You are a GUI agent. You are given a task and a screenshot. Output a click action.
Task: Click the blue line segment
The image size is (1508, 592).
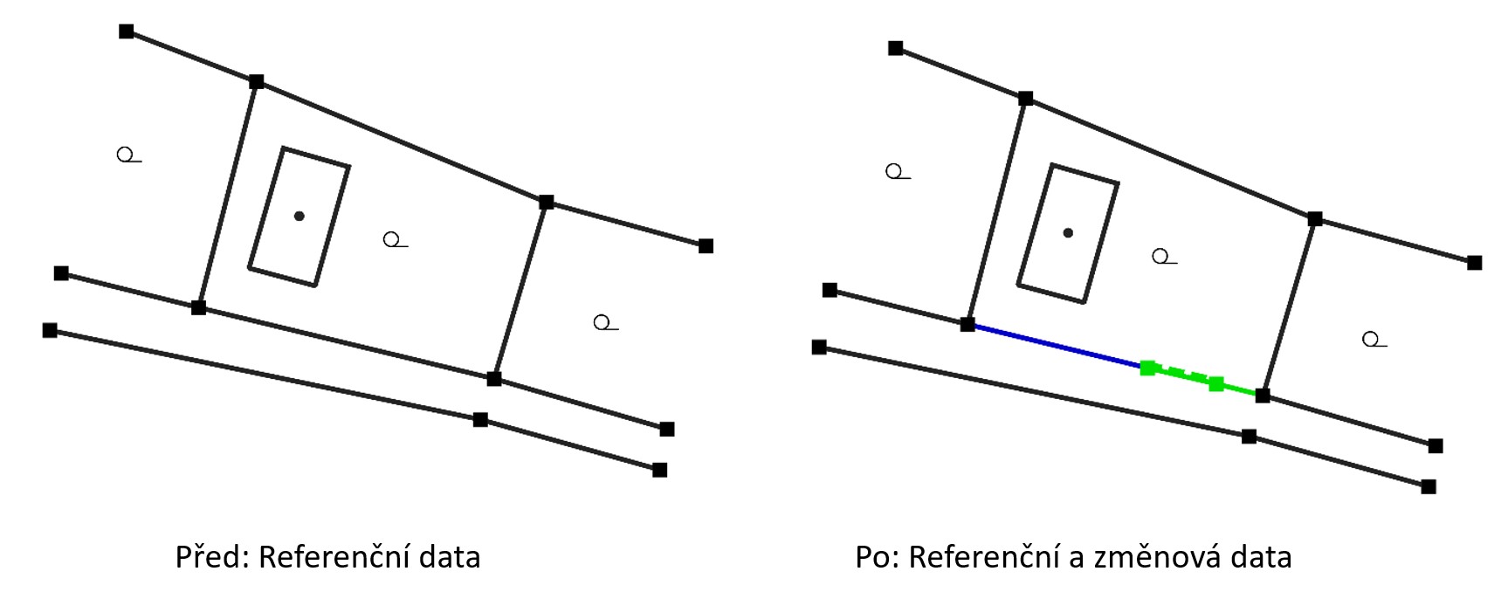1057,346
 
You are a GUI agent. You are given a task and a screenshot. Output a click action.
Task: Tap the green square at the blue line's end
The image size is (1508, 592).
1148,368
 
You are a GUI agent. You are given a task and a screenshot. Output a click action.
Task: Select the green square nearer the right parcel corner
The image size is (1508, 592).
1215,383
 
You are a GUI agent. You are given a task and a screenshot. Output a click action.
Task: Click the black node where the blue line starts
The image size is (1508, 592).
967,324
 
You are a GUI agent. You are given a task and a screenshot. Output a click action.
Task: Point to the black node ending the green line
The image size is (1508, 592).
1263,396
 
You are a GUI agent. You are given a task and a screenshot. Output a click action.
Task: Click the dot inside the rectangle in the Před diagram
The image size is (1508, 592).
300,216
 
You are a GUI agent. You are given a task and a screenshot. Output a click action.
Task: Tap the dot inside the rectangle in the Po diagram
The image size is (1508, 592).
1068,233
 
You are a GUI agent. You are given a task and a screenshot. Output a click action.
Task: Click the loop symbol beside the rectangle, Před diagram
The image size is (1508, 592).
393,239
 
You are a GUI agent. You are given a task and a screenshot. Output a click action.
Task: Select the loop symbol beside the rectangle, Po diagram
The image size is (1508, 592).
1161,257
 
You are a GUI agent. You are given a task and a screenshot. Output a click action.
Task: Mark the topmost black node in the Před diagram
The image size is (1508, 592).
127,31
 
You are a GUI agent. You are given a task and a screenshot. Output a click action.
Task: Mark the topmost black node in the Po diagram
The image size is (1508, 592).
896,48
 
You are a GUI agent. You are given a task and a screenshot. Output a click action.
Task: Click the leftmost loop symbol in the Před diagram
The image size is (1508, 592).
127,155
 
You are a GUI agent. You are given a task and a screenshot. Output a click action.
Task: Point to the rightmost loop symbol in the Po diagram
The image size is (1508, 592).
1372,340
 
